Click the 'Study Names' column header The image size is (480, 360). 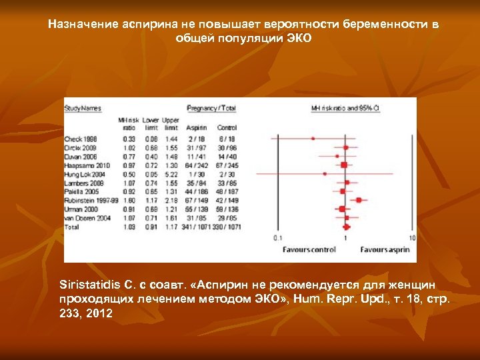(x=83, y=107)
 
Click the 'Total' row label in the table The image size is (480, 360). (x=71, y=227)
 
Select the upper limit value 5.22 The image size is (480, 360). (x=171, y=173)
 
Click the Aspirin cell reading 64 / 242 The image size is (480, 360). (x=197, y=165)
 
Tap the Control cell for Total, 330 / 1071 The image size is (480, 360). (x=227, y=227)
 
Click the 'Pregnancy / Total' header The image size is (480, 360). (x=211, y=107)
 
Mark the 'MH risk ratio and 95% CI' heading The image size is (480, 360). (x=345, y=107)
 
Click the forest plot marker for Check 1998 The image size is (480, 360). (x=313, y=139)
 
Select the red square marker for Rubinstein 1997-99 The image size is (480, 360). (x=359, y=199)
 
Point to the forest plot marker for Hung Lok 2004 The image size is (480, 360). (x=325, y=173)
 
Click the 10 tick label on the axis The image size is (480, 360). (x=413, y=237)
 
